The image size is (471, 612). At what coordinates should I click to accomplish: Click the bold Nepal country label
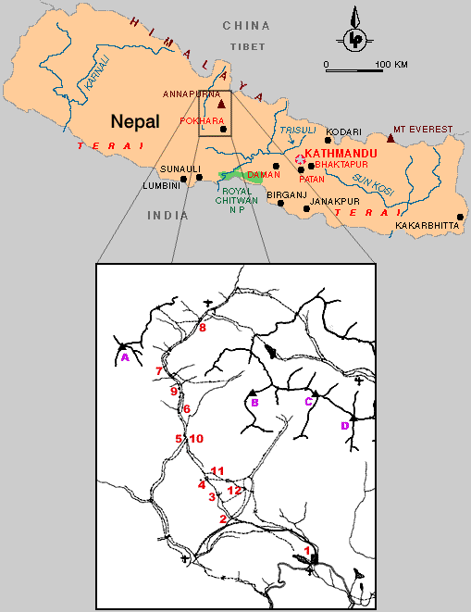point(135,120)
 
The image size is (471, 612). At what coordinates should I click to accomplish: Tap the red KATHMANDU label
point(337,149)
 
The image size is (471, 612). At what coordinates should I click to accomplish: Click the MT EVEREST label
point(423,129)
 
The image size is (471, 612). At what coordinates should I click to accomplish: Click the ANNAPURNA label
point(191,94)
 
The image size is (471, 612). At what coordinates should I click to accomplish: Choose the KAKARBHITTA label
point(425,225)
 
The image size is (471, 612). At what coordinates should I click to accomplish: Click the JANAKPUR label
point(333,200)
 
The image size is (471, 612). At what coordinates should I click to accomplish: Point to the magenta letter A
point(124,356)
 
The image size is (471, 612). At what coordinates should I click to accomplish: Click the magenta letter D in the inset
point(344,425)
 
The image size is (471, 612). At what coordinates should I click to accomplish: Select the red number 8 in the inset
point(203,328)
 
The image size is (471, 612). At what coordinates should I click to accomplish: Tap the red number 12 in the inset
point(234,490)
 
